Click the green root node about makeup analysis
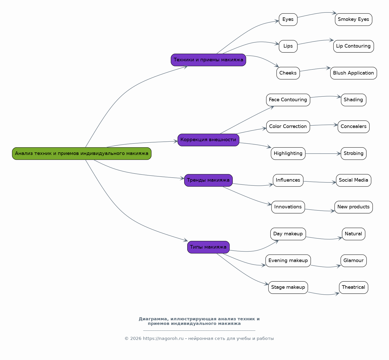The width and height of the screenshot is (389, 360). (x=82, y=153)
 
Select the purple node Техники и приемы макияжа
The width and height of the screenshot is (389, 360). (x=208, y=60)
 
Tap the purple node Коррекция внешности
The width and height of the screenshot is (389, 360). (x=208, y=140)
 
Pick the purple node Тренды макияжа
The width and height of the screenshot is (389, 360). (x=208, y=180)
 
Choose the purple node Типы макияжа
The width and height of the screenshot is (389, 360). (x=208, y=247)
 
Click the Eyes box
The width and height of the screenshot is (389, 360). (x=288, y=20)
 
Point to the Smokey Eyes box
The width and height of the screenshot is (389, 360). (x=353, y=20)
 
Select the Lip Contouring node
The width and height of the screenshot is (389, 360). (x=353, y=46)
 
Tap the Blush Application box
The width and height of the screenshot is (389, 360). (x=353, y=73)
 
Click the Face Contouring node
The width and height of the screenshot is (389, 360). (x=288, y=100)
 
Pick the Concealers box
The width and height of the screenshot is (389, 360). (x=353, y=127)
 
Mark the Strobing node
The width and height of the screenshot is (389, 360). (x=353, y=153)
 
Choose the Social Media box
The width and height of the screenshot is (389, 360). (x=353, y=180)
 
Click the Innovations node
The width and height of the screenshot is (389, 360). (x=288, y=207)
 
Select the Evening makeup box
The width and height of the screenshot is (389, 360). (x=288, y=261)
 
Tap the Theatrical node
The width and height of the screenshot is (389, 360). (x=353, y=287)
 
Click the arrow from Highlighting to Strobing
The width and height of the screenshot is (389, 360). (x=323, y=154)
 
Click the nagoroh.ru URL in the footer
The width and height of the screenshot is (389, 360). (x=163, y=339)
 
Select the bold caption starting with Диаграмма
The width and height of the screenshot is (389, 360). (x=199, y=321)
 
